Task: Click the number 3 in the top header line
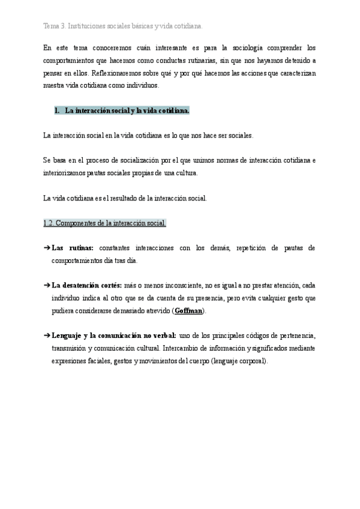coord(63,26)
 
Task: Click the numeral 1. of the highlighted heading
coord(58,111)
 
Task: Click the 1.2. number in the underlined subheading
coord(50,223)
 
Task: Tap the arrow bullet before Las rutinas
coord(47,248)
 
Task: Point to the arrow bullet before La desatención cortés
coord(47,286)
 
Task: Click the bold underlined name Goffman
coord(188,311)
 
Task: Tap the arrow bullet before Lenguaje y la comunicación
coord(47,336)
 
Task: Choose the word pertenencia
coord(295,336)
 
